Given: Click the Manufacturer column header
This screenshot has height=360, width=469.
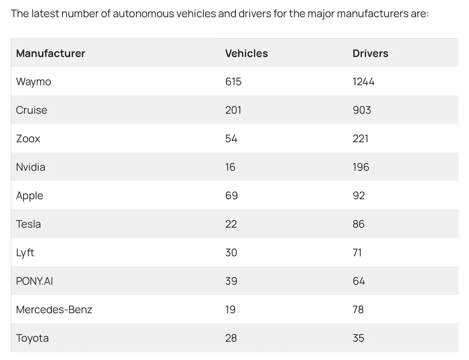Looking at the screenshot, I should (x=50, y=53).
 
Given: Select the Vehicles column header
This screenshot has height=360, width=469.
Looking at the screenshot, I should (x=246, y=53).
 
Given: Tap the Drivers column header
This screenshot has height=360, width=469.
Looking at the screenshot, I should (x=370, y=53).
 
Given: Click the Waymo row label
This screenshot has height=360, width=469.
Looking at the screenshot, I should (x=34, y=82).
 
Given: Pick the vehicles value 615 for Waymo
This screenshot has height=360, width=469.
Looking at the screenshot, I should (x=233, y=82).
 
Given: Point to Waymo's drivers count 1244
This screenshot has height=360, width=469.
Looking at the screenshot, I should (x=363, y=82).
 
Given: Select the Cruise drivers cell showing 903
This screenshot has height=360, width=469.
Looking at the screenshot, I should (x=362, y=110).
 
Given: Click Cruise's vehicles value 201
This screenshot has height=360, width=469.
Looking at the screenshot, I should (x=233, y=110).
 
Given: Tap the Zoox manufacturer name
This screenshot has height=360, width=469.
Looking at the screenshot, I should (x=28, y=139).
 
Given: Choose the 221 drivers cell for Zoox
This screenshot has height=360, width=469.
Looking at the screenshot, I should (x=360, y=139).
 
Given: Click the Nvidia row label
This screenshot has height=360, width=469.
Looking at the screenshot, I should (x=30, y=167).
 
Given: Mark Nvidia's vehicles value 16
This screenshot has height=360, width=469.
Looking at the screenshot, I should (x=230, y=167).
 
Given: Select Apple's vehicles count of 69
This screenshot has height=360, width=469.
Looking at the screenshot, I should (x=231, y=196).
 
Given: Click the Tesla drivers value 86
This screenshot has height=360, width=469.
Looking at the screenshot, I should (x=358, y=224).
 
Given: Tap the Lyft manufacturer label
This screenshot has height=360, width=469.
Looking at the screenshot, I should (x=25, y=253).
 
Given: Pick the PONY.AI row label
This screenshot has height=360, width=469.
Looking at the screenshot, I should (x=34, y=281).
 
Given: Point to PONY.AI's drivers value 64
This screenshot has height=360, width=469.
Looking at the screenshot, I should (x=358, y=281).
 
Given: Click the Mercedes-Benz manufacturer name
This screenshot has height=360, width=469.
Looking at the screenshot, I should (x=54, y=310).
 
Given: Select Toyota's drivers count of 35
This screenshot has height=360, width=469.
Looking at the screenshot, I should (x=358, y=338).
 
